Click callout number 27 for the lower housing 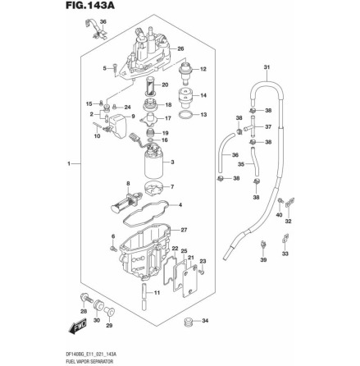[184, 231]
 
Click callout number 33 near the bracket [285, 255]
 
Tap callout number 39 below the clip [264, 260]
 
